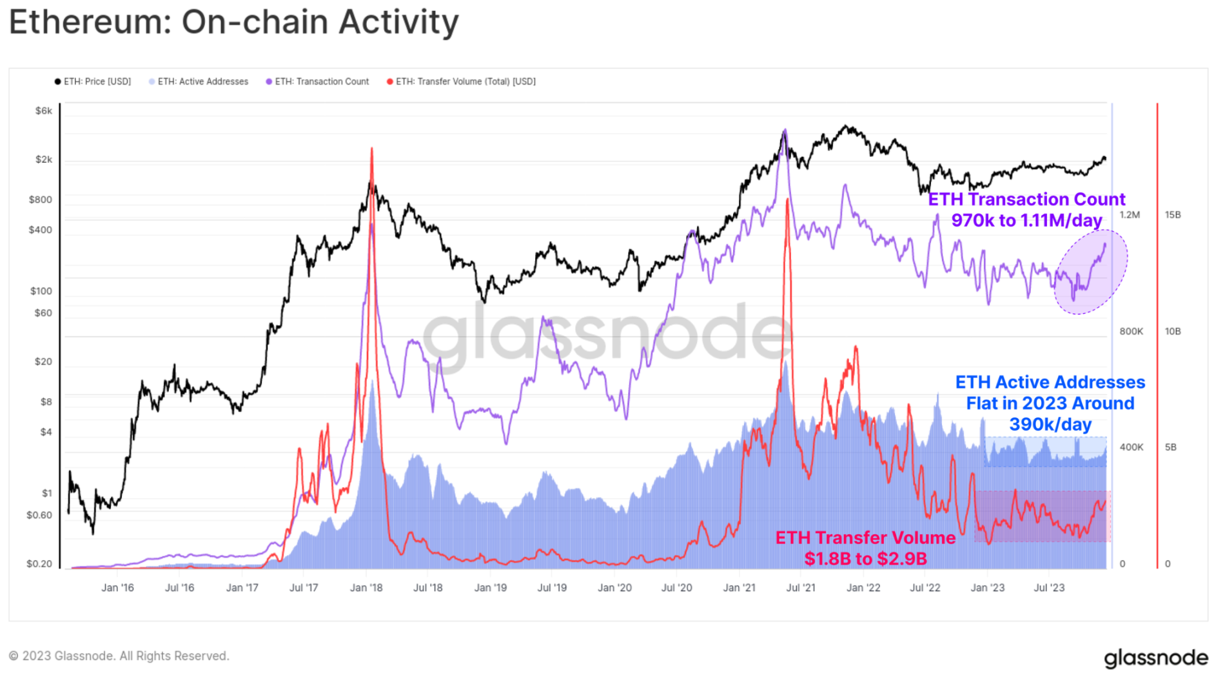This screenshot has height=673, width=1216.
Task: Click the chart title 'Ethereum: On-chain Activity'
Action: tap(233, 23)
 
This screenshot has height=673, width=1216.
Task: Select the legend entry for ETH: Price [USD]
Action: tap(93, 81)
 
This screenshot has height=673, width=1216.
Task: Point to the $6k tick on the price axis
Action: tap(44, 111)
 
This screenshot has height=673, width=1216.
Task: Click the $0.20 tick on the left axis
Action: tap(39, 564)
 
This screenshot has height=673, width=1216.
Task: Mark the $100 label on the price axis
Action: tap(41, 291)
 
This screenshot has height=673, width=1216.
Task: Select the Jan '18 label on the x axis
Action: tap(366, 588)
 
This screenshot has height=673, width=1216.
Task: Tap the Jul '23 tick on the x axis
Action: tap(1049, 588)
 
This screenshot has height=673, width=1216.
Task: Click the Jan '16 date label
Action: tap(117, 588)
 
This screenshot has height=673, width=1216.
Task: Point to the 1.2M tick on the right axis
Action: tap(1130, 215)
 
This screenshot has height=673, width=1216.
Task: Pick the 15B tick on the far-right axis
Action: tap(1173, 215)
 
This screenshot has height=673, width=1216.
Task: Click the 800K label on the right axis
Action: tap(1131, 332)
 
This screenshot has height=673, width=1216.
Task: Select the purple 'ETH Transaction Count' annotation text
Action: tap(1026, 199)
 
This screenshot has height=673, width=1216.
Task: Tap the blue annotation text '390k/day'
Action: tap(1050, 425)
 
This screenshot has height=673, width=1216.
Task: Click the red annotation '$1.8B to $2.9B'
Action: tap(865, 559)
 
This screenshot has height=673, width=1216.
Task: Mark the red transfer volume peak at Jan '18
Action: tap(371, 150)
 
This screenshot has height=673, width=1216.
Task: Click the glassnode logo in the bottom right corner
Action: tap(1156, 658)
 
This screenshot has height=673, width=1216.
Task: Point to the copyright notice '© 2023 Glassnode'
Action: tap(119, 656)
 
